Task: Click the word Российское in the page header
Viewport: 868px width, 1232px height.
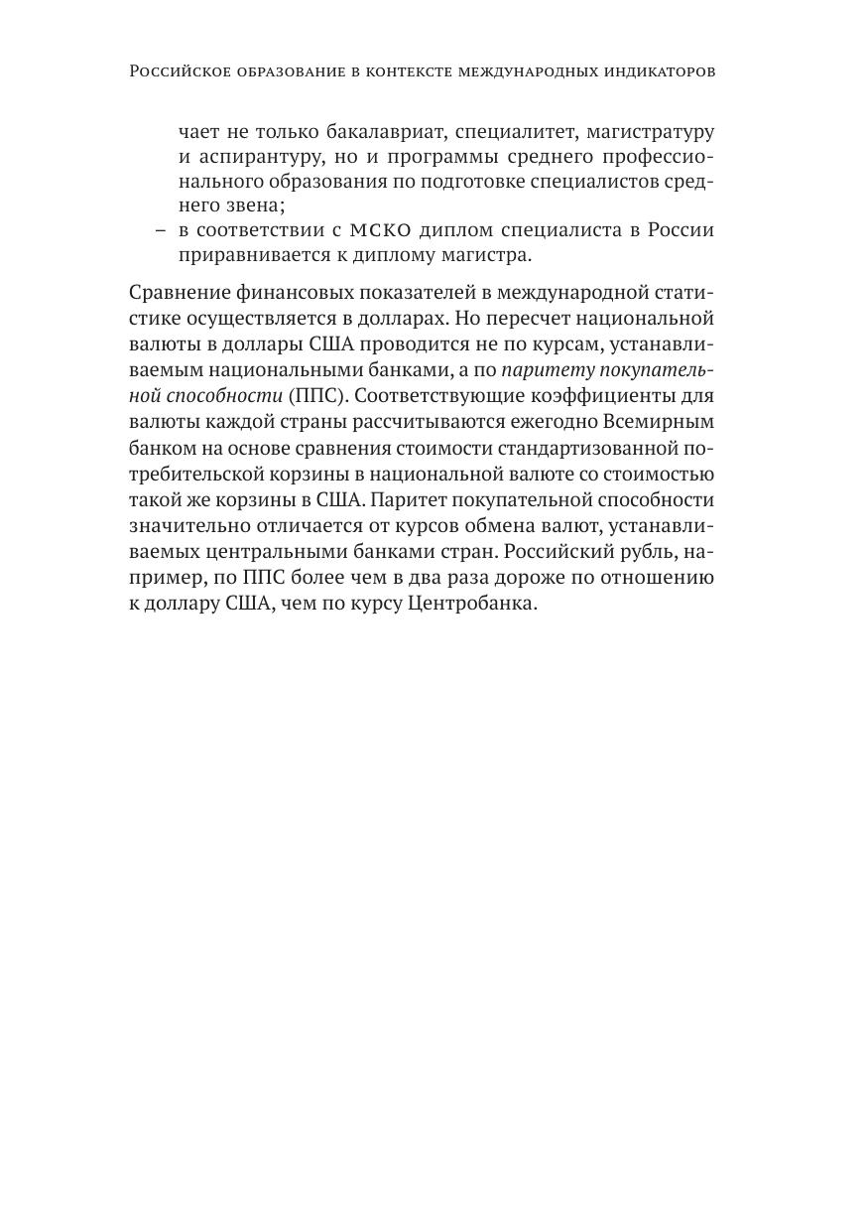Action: tap(175, 72)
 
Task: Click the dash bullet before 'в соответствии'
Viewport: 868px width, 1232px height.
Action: tap(160, 230)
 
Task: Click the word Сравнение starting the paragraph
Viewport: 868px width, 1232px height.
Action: tap(174, 294)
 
